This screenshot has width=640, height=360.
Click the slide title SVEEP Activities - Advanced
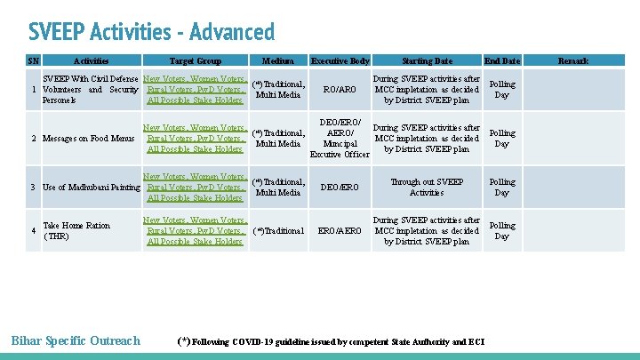(152, 32)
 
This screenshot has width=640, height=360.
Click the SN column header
(33, 61)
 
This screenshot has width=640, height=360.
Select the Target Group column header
(195, 61)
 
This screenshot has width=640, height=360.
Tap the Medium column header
(278, 61)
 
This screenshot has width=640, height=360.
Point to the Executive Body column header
(340, 61)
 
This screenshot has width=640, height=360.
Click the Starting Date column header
(427, 61)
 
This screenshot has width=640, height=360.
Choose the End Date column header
(501, 61)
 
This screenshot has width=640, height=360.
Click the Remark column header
(572, 61)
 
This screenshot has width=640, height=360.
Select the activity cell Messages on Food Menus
(88, 139)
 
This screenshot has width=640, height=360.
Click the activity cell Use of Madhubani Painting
(92, 188)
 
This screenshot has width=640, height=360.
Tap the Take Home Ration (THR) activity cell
(76, 231)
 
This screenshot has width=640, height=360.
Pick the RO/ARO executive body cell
(340, 90)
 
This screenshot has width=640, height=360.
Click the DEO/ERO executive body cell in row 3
(340, 188)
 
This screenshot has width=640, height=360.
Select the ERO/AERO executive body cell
(340, 231)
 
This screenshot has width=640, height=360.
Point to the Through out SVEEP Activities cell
(427, 187)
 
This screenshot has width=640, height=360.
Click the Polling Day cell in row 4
(501, 231)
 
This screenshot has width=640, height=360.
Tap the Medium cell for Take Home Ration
(278, 231)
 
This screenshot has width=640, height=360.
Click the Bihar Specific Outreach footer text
(75, 340)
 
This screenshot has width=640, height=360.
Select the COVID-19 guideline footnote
(331, 341)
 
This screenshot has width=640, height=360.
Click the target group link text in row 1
(195, 90)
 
